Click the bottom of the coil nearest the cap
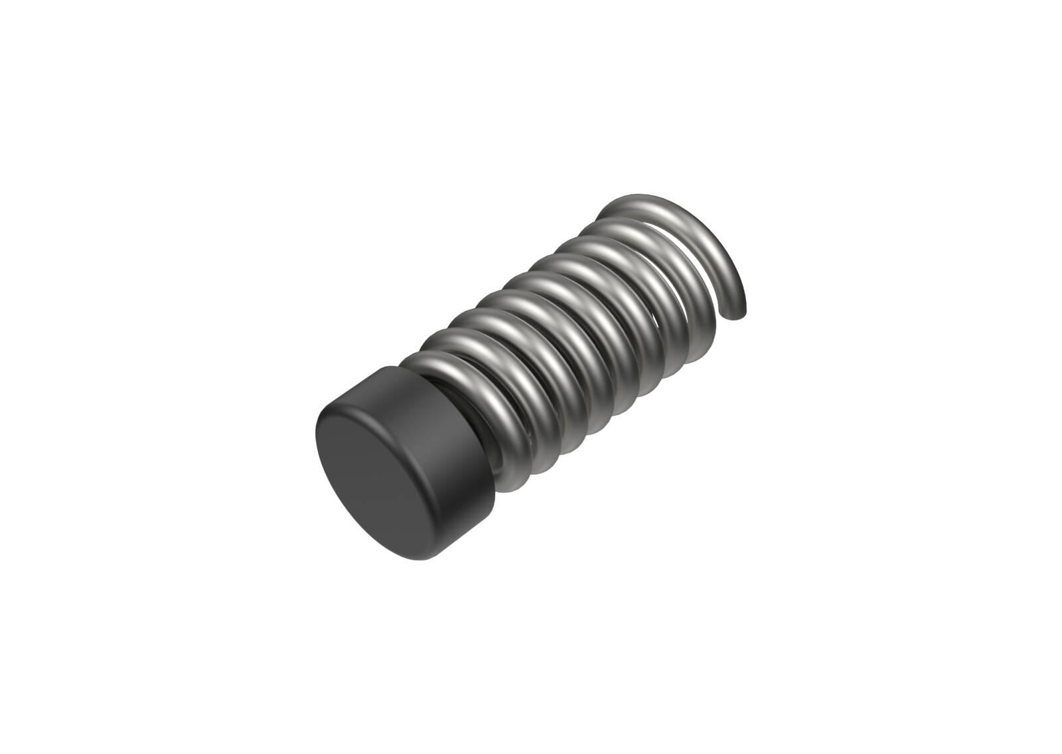(x=514, y=488)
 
